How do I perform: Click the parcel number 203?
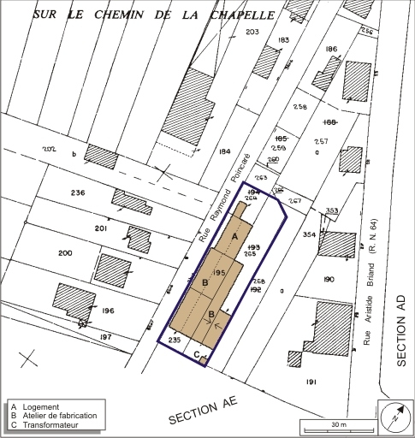click(228, 33)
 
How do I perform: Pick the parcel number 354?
click(310, 234)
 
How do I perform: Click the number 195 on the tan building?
click(218, 271)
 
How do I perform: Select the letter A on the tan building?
click(234, 235)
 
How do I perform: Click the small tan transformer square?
click(204, 361)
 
